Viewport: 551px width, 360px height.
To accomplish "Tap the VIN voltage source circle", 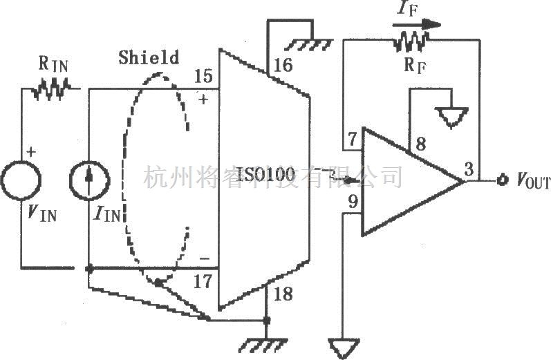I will click(21, 178).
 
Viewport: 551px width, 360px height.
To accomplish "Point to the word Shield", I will click(148, 57).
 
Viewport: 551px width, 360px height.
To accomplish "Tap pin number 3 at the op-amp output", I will click(468, 169).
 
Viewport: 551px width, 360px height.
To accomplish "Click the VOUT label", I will click(533, 182).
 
